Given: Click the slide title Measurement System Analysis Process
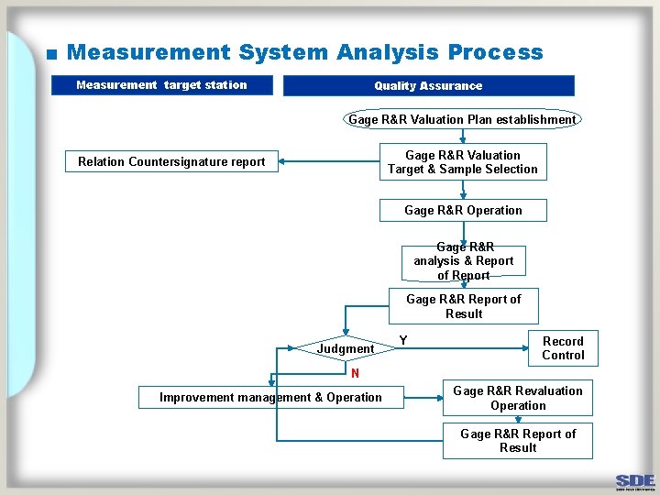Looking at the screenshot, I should (304, 53).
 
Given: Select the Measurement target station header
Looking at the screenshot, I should (161, 85).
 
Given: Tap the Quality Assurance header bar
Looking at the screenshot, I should (428, 86).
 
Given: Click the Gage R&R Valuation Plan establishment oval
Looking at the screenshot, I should (462, 119).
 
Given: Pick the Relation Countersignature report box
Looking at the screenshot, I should (171, 162).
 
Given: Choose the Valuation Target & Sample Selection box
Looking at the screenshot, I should (463, 162).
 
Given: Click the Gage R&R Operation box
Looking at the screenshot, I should (463, 211).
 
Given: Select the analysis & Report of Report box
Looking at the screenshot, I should (463, 261).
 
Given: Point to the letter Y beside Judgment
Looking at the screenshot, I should (402, 341).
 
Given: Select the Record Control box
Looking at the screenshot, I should (563, 348).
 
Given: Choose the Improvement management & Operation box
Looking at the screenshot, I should (270, 398).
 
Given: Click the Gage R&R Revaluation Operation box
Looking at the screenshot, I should (517, 398).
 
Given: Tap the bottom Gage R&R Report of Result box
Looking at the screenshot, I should (518, 441).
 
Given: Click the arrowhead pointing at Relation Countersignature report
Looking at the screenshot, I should (283, 162).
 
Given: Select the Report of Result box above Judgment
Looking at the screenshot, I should (463, 306).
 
